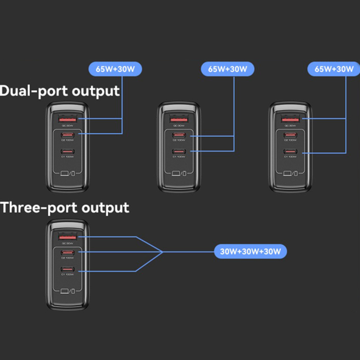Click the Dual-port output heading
tap(60, 91)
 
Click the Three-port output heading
tap(65, 208)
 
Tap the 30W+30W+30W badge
tap(250, 251)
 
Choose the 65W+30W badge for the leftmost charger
tap(115, 68)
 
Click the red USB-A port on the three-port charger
tap(67, 237)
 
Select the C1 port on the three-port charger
tap(67, 269)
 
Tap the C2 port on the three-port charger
tap(67, 253)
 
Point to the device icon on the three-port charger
tap(67, 292)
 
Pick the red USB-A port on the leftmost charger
tap(67, 119)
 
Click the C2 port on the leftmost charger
tap(67, 136)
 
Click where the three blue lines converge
tap(163, 251)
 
